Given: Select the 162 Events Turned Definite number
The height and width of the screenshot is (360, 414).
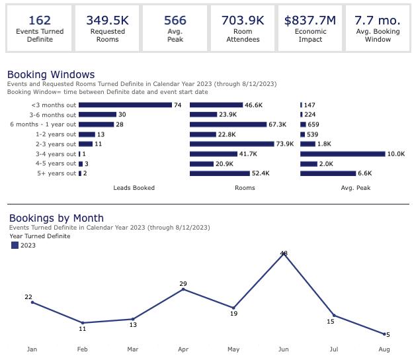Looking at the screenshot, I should (x=40, y=21).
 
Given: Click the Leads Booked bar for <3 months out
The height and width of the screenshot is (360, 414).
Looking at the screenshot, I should (x=125, y=105).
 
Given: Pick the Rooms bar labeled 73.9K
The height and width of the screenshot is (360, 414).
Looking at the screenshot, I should (x=231, y=144).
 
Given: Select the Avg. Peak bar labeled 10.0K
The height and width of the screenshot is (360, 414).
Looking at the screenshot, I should (x=342, y=154).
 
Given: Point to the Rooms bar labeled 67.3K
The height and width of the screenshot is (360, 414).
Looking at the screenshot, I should (x=228, y=124).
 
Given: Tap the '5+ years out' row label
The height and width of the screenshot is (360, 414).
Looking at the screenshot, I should (x=57, y=173).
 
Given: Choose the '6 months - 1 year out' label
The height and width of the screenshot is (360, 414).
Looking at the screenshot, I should (x=43, y=124).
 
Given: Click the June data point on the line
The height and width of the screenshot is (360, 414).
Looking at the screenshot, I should (x=284, y=253).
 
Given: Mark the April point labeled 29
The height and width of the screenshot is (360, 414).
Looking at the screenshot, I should (x=183, y=289).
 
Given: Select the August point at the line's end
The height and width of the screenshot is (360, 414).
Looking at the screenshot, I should (x=384, y=334).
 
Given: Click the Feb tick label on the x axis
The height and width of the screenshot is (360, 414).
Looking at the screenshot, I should (x=83, y=349).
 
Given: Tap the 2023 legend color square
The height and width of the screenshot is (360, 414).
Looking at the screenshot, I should (x=15, y=246).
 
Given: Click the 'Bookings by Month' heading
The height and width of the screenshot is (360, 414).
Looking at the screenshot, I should (x=56, y=218).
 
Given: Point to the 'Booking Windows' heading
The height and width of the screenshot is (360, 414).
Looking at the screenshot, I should (x=51, y=75).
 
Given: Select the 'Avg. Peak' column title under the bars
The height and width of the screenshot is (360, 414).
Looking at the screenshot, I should (x=355, y=188).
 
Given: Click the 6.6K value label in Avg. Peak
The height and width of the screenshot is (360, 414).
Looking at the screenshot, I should (x=365, y=173).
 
